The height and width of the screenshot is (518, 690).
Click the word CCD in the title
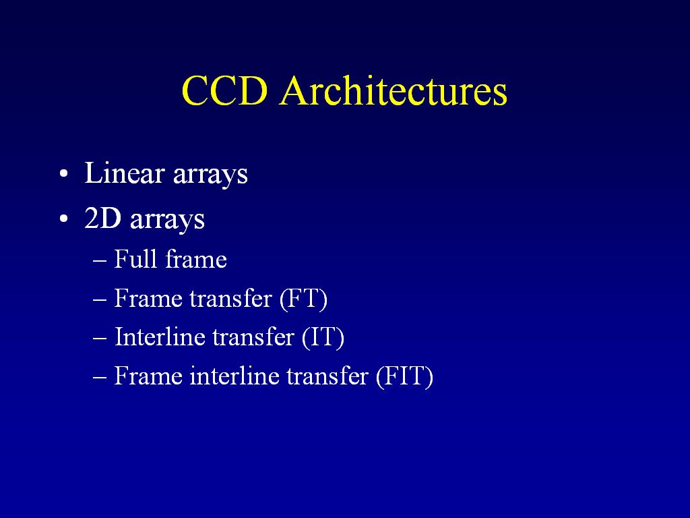225,91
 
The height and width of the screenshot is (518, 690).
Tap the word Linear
125,173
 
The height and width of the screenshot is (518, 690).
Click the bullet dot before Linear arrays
64,173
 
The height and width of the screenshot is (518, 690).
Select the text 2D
102,218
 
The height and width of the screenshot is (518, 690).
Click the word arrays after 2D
167,220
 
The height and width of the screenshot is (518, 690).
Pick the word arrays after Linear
210,175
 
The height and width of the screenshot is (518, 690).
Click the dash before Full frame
100,261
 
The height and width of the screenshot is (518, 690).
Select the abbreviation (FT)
304,299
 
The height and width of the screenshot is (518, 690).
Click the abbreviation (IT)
323,337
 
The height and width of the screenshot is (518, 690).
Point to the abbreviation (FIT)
405,376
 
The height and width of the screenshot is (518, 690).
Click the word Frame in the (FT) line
148,298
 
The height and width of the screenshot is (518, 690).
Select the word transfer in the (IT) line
253,337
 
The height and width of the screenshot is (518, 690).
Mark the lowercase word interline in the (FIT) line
234,376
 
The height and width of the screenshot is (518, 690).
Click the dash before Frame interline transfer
100,378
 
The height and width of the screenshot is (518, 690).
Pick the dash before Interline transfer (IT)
100,339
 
